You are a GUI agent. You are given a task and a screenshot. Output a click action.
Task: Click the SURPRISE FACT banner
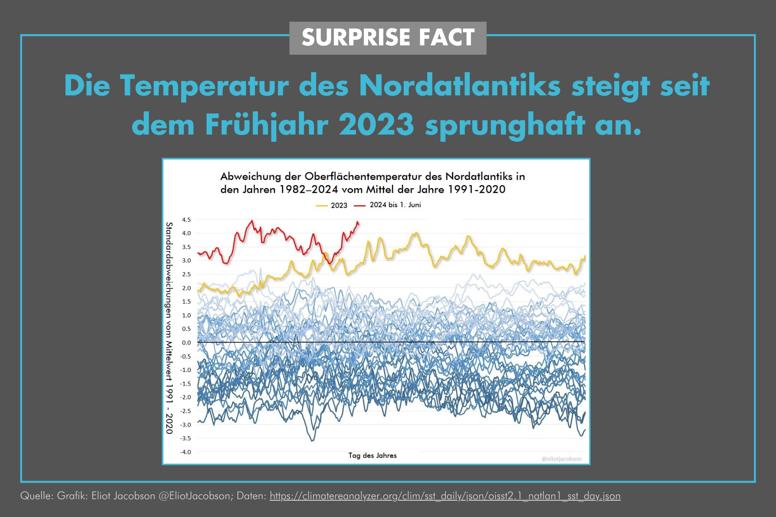click(x=388, y=38)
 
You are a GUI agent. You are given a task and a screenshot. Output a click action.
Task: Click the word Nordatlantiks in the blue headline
click(x=459, y=85)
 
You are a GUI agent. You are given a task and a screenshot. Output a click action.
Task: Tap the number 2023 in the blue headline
click(x=376, y=125)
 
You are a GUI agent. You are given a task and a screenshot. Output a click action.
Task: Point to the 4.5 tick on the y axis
click(x=186, y=220)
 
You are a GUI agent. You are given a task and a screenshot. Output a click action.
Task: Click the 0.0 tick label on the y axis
click(x=186, y=342)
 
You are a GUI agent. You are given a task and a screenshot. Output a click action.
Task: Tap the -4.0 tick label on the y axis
click(x=185, y=452)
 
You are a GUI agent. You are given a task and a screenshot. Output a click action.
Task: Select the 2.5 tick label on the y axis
click(x=186, y=274)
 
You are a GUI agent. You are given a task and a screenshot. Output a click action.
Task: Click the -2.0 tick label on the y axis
click(x=185, y=397)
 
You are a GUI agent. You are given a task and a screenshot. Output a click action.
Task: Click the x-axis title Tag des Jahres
click(x=372, y=456)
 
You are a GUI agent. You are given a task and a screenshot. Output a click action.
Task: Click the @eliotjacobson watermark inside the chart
click(x=561, y=459)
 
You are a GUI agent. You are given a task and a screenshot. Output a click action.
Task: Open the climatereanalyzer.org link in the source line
click(x=445, y=496)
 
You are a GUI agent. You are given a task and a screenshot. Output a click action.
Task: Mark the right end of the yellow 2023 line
click(x=585, y=256)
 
